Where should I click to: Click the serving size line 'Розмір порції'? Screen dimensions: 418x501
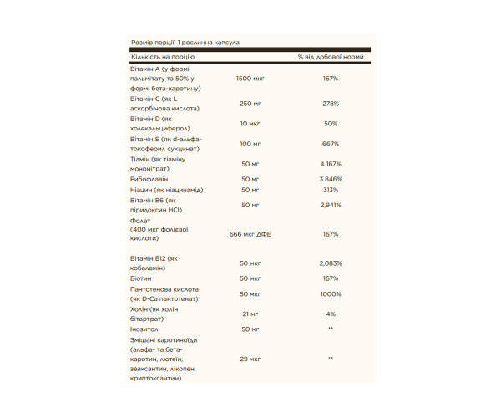[x=186, y=41]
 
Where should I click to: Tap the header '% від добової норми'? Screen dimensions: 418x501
[x=331, y=57]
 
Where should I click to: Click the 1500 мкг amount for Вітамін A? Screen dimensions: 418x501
[x=250, y=78]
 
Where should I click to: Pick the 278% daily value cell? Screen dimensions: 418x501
[x=331, y=104]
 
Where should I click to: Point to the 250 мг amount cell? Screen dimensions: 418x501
[x=250, y=104]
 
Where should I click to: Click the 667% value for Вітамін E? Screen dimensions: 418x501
[x=331, y=144]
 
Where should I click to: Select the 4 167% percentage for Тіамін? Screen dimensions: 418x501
[x=331, y=164]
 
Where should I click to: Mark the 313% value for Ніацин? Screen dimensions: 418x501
[x=331, y=191]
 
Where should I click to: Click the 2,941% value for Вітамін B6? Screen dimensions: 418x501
[x=331, y=205]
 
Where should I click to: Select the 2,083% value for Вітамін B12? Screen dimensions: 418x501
[x=331, y=263]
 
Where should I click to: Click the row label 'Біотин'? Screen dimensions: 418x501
[x=144, y=278]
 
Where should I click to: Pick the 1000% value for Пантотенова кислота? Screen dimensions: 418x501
[x=331, y=294]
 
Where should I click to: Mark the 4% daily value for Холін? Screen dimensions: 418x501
[x=331, y=313]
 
